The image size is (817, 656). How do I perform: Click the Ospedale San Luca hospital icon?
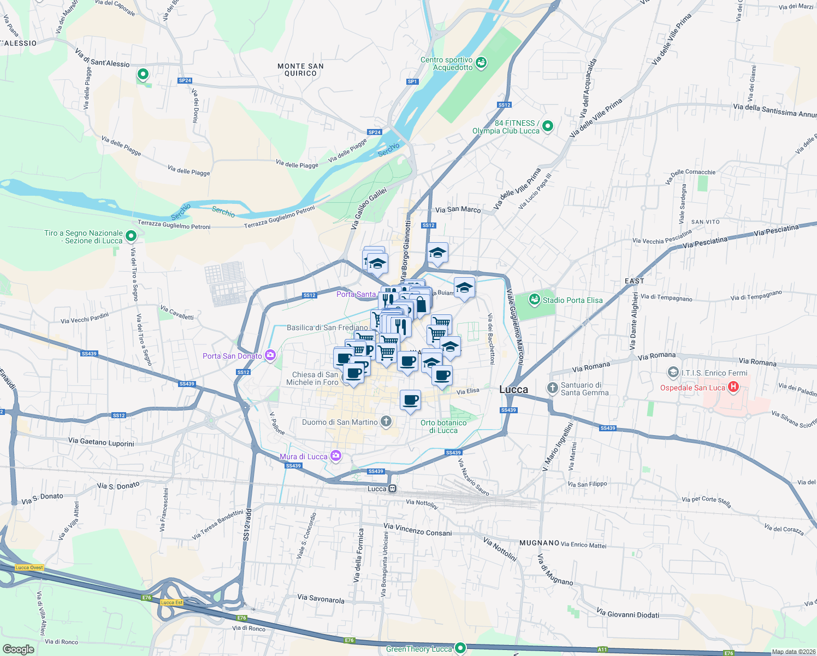(x=733, y=388)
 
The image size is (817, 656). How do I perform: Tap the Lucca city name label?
(x=513, y=390)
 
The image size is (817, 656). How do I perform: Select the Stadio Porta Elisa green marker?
(x=534, y=300)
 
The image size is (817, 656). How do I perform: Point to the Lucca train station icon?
(x=392, y=489)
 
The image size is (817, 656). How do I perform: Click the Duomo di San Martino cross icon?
(x=386, y=421)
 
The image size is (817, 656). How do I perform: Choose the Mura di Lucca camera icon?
(x=335, y=455)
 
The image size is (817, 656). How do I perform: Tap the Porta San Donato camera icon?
(x=270, y=356)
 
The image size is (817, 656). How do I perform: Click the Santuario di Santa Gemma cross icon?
(x=553, y=388)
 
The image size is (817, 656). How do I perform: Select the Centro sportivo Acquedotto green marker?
(x=481, y=63)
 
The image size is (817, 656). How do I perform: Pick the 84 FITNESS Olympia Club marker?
(x=548, y=126)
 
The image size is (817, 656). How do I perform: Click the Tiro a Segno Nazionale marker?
(x=131, y=236)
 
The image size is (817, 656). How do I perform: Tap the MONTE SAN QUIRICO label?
(x=300, y=69)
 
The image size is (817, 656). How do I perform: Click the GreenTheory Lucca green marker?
(x=460, y=648)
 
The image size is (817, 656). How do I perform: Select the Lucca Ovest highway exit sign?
(x=29, y=567)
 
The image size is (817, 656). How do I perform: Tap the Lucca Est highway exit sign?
(x=171, y=602)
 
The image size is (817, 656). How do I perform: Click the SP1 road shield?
(x=412, y=81)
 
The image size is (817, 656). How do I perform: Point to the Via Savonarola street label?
(x=321, y=599)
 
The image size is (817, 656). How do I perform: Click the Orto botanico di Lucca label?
(x=443, y=426)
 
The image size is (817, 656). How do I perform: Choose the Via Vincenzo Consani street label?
(x=417, y=529)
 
